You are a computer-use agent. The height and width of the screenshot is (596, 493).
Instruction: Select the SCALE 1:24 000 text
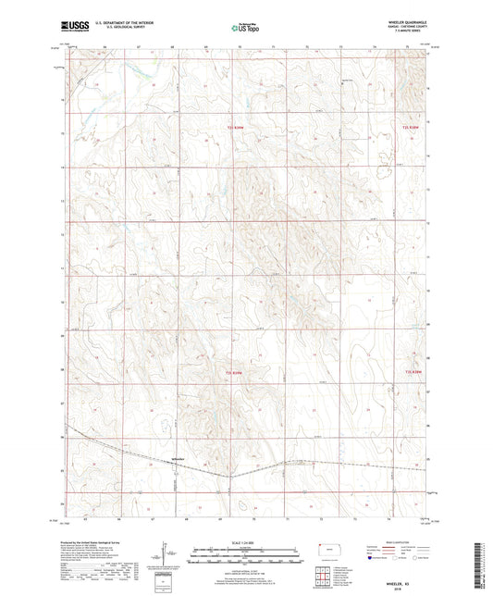tap(245, 542)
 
